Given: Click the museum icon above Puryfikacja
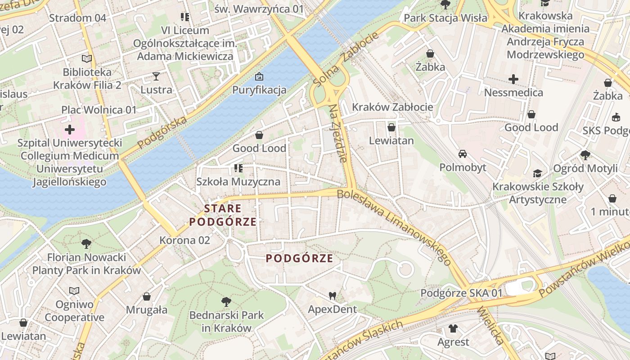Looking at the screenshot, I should coord(259,76).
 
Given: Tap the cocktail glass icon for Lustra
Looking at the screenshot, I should coord(156,76).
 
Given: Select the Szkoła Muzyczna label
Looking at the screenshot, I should coord(238,182).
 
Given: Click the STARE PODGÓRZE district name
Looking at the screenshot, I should coord(223,215).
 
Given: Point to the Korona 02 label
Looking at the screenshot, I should coord(184,240).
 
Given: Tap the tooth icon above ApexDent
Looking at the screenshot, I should coord(333,296).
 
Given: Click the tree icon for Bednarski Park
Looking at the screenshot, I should coord(226,301).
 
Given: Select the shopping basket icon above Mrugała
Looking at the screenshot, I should coord(146,297).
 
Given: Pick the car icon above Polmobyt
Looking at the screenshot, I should coord(462,154).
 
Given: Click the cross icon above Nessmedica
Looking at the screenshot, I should coord(513,79).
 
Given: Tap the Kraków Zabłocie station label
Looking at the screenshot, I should coord(392,107).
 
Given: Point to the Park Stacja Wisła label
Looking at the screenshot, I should coord(445,18).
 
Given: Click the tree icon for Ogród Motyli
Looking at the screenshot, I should coord(585,155).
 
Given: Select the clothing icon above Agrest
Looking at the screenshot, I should coord(453,328).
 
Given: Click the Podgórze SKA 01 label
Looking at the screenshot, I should coord(461,293).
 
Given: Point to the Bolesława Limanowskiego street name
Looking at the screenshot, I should coord(394,227).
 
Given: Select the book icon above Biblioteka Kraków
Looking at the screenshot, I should coord(87,58).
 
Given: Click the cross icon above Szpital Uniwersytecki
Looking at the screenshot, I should coord(70,130).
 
